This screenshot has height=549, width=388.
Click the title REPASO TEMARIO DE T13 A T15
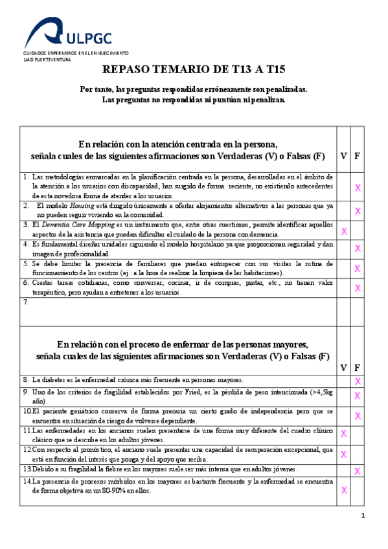click(x=194, y=69)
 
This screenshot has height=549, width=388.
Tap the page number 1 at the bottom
click(x=363, y=515)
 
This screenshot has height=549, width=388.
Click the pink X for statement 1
click(x=357, y=187)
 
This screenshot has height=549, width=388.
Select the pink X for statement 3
click(x=344, y=231)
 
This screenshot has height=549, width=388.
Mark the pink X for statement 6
click(x=357, y=287)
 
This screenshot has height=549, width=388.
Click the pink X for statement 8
click(x=357, y=381)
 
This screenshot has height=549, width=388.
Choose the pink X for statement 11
click(x=344, y=433)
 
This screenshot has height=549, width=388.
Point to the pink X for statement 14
click(x=344, y=490)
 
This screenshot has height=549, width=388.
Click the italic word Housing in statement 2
click(x=72, y=206)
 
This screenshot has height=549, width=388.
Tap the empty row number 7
click(x=26, y=302)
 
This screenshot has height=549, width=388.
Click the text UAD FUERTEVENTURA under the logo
click(x=47, y=58)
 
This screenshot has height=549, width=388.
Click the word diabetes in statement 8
click(x=51, y=380)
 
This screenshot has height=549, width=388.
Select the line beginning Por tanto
click(x=194, y=89)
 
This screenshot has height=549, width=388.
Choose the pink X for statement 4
click(x=357, y=249)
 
